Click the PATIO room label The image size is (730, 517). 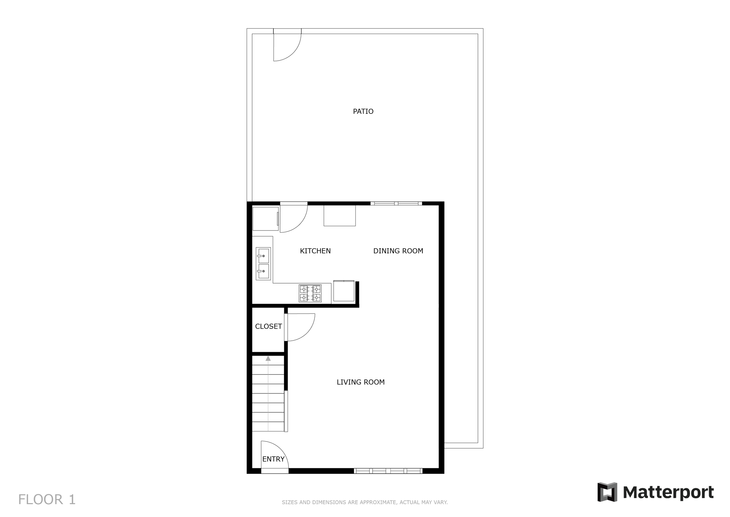coord(363,111)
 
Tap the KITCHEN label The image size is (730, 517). coord(315,251)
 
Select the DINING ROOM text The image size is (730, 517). coord(398,251)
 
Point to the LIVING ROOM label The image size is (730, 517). coord(360,382)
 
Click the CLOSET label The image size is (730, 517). coord(268,326)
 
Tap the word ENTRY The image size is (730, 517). coord(273,459)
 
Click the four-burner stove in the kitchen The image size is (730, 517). coord(310,293)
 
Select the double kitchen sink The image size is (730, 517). coord(263,264)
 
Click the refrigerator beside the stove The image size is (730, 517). coord(344,291)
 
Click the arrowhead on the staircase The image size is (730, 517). coord(268,358)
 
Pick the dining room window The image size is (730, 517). coord(396,204)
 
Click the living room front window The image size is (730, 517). coord(388,471)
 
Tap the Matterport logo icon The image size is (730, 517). coord(607,492)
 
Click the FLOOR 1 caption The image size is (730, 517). coord(47,500)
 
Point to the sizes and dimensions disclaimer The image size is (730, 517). coord(365,502)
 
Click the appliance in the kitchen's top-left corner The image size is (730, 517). coord(266,219)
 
